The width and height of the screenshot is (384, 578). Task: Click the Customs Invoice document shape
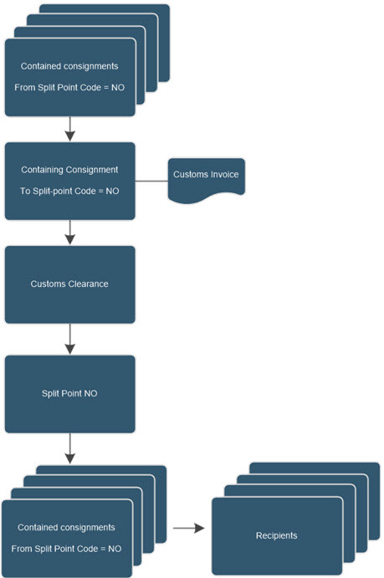point(207,179)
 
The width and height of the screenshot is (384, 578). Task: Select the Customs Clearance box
point(70,284)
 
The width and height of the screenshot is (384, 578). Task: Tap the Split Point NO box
point(70,394)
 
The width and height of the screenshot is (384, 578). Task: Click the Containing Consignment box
point(70,181)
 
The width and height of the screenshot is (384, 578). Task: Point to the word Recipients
point(276,535)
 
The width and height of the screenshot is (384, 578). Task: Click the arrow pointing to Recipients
point(189,529)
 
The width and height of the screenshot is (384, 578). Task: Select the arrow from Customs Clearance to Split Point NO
point(70,339)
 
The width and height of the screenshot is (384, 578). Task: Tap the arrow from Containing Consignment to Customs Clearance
point(70,233)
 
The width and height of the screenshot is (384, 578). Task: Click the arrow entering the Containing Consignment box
point(70,129)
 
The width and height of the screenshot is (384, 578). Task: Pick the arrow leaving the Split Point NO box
point(70,448)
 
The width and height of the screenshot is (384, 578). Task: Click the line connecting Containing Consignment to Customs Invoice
point(151,182)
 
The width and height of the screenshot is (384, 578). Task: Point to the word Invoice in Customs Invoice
point(224,174)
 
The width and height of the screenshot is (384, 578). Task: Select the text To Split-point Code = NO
point(69,191)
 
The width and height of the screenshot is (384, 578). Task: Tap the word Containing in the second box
point(41,170)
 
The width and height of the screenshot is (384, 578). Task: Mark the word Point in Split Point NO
point(71,393)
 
